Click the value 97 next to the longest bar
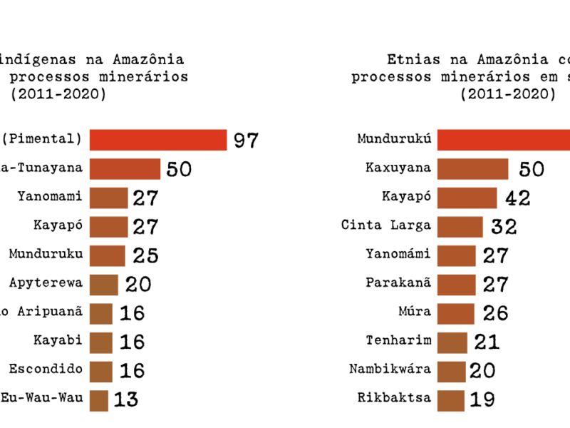245,140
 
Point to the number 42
517,198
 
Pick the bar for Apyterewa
104,285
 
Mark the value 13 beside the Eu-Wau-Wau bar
126,399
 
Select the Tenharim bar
452,342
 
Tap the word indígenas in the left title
36,60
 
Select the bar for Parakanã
456,285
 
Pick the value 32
503,227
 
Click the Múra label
415,312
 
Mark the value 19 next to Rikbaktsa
483,399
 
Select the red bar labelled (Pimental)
157,140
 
